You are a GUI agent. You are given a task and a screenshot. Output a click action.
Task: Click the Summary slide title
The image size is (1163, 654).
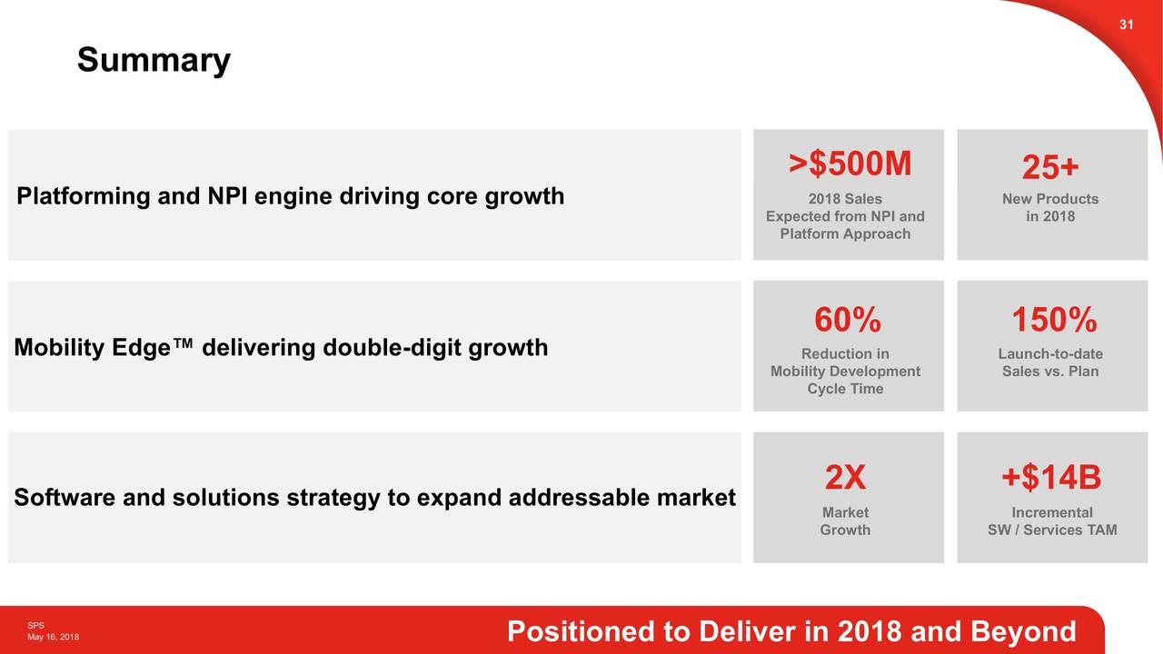click(x=154, y=61)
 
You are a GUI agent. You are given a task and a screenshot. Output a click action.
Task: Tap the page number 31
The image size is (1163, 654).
click(x=1126, y=25)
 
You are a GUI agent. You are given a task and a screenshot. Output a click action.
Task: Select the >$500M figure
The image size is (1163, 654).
click(x=849, y=164)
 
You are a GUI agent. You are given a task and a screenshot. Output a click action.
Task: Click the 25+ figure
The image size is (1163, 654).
click(x=1050, y=168)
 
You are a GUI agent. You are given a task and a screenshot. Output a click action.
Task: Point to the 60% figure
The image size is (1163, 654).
click(x=847, y=321)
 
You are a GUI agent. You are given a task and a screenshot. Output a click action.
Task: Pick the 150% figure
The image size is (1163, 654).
click(x=1054, y=321)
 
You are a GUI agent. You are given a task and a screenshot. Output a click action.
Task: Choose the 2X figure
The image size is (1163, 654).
click(x=845, y=477)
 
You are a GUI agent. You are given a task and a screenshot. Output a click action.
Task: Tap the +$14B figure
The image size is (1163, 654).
click(x=1051, y=477)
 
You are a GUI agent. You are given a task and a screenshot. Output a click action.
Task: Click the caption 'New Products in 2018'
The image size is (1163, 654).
click(x=1050, y=207)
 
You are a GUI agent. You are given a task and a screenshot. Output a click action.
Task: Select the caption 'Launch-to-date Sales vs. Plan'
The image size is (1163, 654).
click(x=1050, y=362)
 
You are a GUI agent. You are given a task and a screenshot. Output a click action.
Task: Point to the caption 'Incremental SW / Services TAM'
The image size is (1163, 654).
click(x=1052, y=521)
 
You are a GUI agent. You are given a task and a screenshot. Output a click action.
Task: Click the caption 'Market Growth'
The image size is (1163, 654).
click(x=845, y=521)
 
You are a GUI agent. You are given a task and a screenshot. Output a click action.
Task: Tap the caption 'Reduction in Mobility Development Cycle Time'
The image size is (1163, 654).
click(x=845, y=372)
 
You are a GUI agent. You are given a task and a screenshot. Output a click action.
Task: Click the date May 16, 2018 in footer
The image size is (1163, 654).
click(x=53, y=638)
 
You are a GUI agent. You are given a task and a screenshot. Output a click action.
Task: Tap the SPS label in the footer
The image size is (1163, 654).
click(x=35, y=626)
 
